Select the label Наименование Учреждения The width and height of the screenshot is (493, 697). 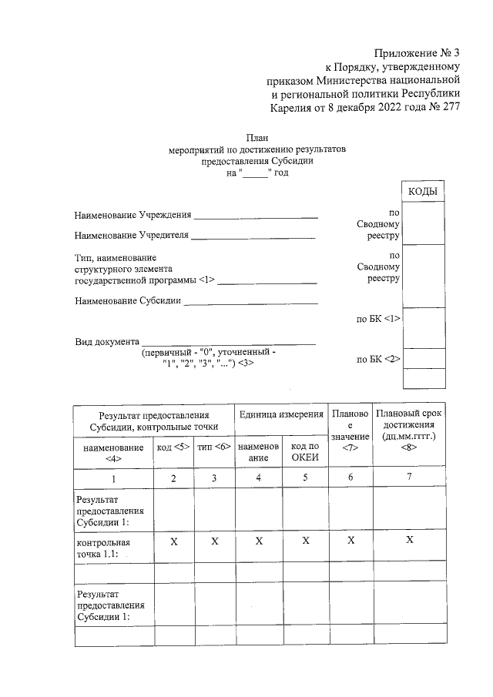132,214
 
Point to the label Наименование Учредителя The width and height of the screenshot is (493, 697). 131,235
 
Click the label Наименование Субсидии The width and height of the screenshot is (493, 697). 127,300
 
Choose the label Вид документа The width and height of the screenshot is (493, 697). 106,340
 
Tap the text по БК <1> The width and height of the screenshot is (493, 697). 378,317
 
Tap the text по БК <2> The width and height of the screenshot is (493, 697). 378,359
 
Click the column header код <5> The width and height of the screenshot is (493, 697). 173,447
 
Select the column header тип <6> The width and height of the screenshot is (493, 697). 213,447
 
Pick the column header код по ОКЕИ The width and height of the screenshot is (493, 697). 305,453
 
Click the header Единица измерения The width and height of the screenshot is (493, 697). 281,414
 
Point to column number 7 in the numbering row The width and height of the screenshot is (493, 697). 409,478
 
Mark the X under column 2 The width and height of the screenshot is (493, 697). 173,542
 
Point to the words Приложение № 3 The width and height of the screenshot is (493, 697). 417,53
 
